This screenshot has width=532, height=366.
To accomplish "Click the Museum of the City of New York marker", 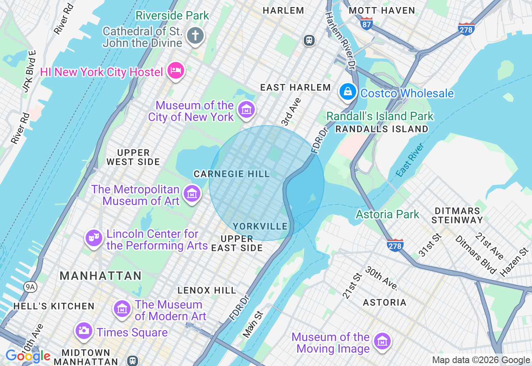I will coord(246,110).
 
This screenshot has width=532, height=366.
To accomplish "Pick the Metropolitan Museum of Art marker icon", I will coord(192,194).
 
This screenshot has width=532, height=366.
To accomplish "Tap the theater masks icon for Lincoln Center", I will coord(94,238).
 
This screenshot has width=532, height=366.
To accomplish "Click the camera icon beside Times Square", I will coord(84,331).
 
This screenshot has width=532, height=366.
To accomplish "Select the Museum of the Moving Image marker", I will coord(382,342).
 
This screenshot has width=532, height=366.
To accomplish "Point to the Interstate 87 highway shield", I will coord(366,23).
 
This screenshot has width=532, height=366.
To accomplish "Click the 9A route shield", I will coord(30,287).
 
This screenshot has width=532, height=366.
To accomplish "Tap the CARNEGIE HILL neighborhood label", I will coord(232,174).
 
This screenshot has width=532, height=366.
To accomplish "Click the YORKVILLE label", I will coord(260,226).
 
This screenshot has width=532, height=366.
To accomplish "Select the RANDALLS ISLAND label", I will coord(382,129).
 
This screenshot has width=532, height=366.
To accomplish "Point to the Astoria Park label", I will coord(387,214).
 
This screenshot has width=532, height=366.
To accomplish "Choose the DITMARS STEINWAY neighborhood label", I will coord(457,215).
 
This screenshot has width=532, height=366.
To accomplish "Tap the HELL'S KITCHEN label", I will coord(54,306).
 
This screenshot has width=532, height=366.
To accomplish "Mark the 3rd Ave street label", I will coord(291,112).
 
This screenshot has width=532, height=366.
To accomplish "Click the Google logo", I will coord(28,356).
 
